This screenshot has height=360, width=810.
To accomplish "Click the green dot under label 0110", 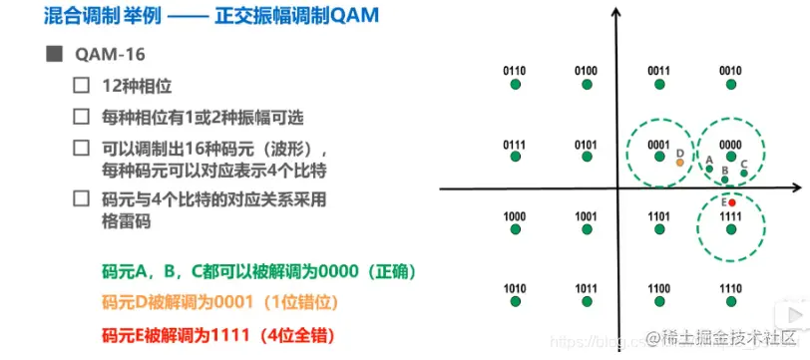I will click(515, 86).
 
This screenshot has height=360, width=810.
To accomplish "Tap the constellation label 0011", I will click(658, 71).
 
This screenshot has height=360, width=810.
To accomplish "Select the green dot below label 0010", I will click(730, 86).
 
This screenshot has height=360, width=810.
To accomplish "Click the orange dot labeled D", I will click(679, 162).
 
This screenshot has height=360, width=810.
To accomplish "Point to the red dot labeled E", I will click(732, 202).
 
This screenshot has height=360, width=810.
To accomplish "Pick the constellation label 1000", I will click(515, 215).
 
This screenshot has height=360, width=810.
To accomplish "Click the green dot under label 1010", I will click(515, 303).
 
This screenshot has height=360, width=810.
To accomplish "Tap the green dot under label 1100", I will click(658, 303).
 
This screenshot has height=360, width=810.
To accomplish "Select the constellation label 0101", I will click(587, 145).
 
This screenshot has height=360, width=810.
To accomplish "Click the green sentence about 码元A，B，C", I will click(258, 271).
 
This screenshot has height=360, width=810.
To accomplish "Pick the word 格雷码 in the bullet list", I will click(127, 221).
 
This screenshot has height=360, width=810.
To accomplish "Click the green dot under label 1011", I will click(587, 303).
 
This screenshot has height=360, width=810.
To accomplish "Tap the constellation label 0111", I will click(515, 145).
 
